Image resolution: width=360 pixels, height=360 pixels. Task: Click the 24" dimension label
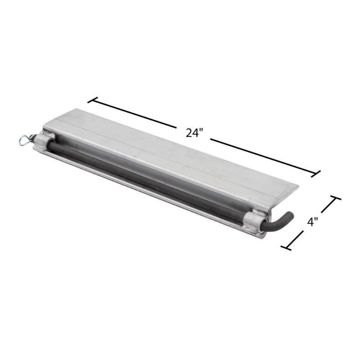[x=194, y=133]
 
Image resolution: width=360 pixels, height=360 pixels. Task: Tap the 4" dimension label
[x=312, y=222]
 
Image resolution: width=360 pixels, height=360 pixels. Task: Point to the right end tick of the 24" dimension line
[x=315, y=174]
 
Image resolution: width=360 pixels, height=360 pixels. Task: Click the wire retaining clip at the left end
[x=26, y=140]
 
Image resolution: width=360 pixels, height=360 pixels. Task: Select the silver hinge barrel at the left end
[x=44, y=140]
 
